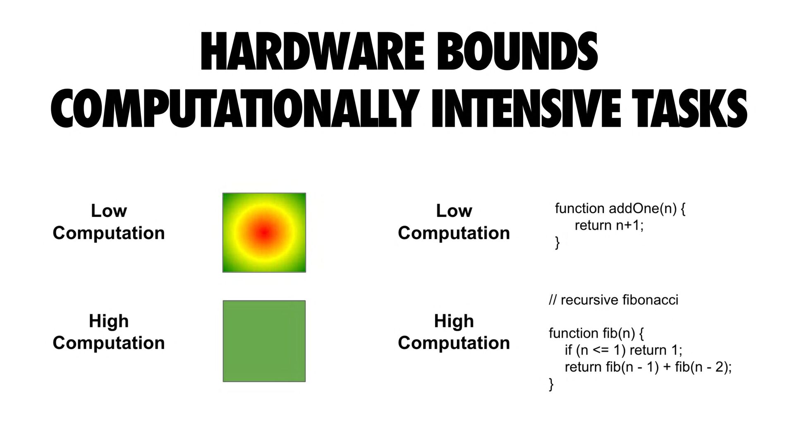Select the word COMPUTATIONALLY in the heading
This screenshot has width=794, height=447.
(233, 109)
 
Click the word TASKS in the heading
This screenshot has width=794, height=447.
(689, 109)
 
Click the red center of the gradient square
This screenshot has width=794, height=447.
(263, 233)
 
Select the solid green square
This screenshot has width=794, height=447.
(264, 341)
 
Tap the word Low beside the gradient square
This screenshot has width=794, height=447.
(109, 211)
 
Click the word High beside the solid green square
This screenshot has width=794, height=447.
(109, 321)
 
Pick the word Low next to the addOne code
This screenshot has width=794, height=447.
(454, 211)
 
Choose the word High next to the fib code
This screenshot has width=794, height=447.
(454, 321)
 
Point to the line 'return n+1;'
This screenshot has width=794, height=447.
(609, 226)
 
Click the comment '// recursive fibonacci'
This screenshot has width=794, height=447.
(614, 300)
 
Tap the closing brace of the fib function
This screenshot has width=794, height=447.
(551, 385)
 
